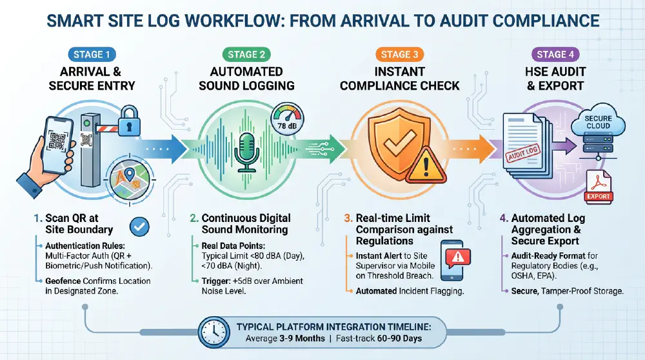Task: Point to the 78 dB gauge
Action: point(286,119)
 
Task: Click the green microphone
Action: point(246,150)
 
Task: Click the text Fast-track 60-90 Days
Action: point(395,339)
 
